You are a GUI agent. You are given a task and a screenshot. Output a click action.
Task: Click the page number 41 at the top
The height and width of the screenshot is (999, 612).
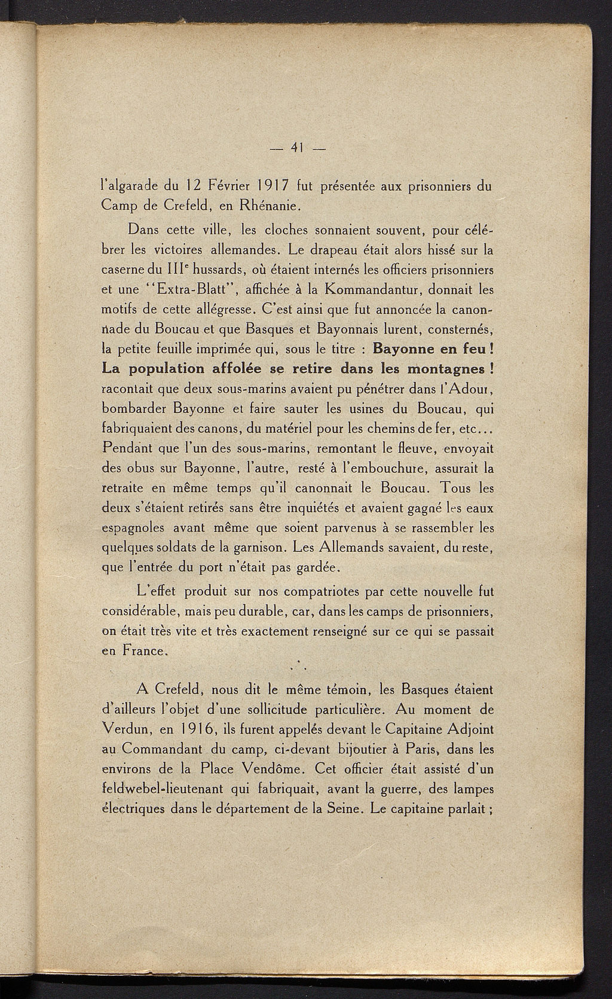pyautogui.click(x=295, y=147)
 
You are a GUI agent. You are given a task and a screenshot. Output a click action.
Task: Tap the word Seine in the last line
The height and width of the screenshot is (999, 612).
pyautogui.click(x=344, y=809)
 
